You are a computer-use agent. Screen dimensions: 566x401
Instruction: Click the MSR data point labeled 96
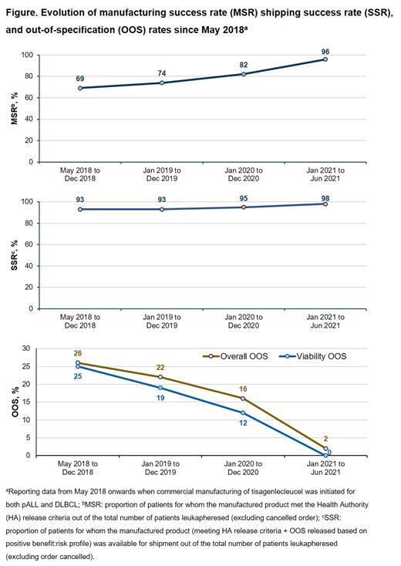(325, 59)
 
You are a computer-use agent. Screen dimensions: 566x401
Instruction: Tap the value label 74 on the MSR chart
(160, 72)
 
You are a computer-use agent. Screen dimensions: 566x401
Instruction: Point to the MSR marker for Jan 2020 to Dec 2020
(243, 74)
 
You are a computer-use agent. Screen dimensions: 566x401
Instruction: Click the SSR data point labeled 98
(325, 204)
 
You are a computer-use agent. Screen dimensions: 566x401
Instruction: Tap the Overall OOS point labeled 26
(78, 362)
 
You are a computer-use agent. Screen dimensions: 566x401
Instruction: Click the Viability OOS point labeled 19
(160, 387)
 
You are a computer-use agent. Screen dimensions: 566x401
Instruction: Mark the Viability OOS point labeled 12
(243, 413)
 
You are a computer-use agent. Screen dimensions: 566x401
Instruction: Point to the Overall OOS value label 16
(243, 389)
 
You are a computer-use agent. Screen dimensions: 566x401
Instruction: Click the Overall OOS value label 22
(160, 366)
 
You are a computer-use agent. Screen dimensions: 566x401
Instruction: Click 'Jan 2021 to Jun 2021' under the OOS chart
(325, 470)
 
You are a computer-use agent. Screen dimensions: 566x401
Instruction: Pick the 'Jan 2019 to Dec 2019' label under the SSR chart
(160, 323)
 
